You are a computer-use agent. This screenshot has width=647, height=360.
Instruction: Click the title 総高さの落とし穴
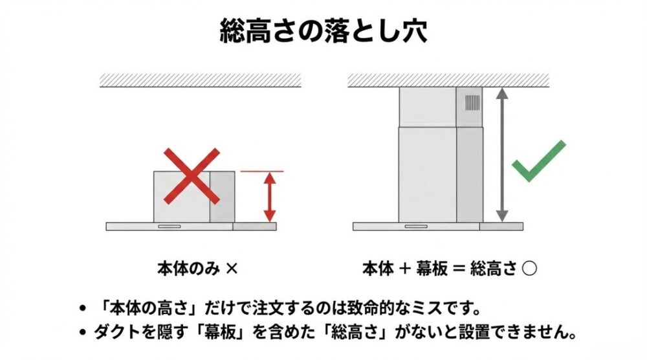point(323,30)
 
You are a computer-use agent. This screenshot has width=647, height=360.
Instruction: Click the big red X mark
point(192,176)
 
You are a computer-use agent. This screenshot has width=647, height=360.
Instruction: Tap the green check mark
point(538,161)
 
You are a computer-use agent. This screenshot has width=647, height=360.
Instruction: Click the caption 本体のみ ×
point(197,267)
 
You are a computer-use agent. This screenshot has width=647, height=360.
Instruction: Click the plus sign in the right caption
point(406,268)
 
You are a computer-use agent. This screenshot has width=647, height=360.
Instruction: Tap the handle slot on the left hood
point(170,226)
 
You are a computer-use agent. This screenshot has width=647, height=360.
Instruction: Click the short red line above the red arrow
point(262,172)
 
